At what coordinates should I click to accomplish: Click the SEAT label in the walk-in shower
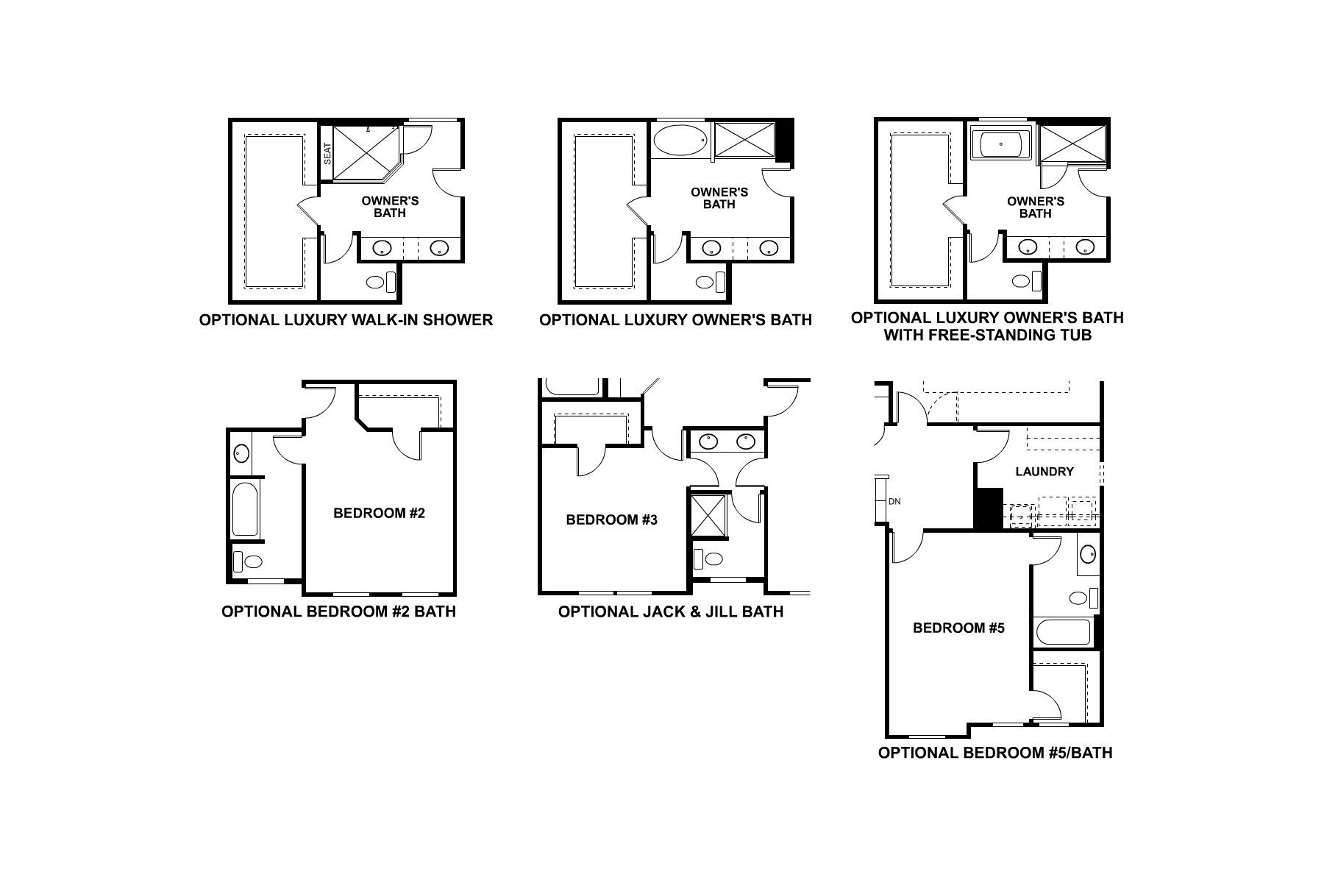328,153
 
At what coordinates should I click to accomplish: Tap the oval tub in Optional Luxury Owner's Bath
680,140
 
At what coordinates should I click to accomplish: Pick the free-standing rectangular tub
1000,144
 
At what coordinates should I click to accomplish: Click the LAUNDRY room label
1044,472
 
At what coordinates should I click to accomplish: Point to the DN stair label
894,502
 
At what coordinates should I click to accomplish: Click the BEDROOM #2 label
379,513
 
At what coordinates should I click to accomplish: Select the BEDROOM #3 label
611,520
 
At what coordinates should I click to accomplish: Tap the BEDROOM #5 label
958,628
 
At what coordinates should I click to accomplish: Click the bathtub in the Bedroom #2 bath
245,509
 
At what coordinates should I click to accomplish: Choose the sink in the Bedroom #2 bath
241,453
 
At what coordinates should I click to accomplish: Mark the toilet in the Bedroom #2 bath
248,562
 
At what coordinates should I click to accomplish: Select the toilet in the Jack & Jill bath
709,558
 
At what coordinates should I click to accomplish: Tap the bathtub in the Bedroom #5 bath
1062,632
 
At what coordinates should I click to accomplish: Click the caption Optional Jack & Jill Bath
670,611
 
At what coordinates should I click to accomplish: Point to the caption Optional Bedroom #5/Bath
994,753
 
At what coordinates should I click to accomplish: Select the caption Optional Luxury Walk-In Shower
346,320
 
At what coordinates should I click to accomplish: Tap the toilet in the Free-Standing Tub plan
1027,280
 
